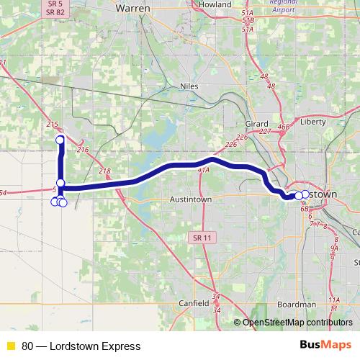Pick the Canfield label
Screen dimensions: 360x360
tap(194, 283)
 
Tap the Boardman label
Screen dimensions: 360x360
tap(297, 304)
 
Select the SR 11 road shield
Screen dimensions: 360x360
tap(204, 237)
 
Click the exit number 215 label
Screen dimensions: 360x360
tap(52, 125)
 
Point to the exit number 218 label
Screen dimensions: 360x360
tap(105, 171)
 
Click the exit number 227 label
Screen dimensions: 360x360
tap(265, 132)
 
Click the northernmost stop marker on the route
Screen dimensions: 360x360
tap(60, 139)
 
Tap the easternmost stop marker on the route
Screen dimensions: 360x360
tap(305, 194)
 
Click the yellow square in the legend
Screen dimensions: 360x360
tap(11, 346)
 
